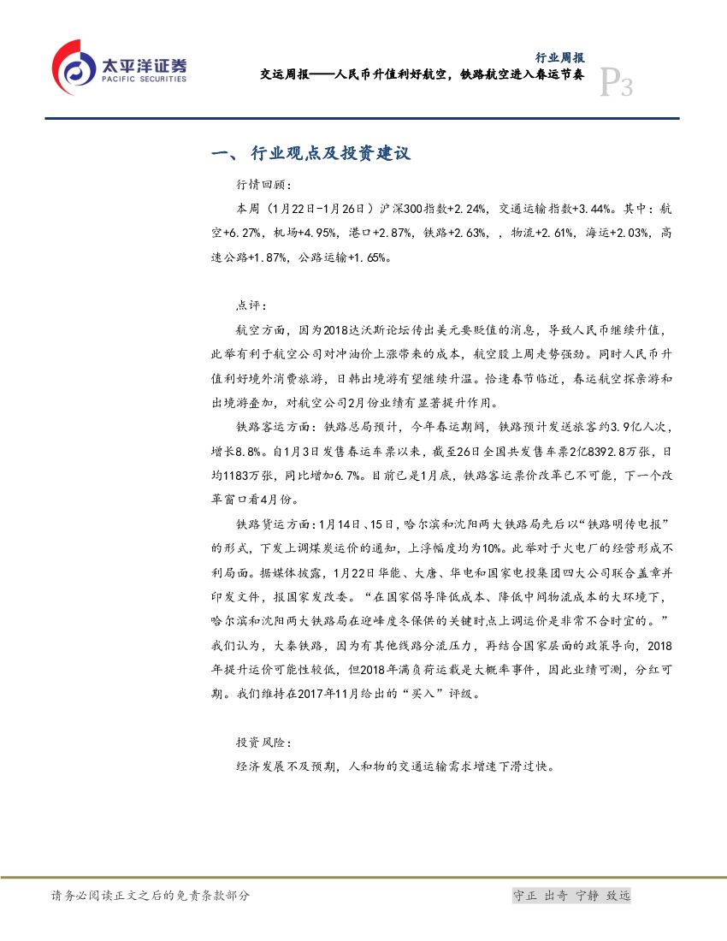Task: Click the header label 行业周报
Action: (x=559, y=58)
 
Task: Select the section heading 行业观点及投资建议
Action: (x=330, y=154)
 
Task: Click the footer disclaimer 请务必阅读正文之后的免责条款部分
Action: (x=151, y=896)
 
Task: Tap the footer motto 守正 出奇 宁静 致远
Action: (x=570, y=896)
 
